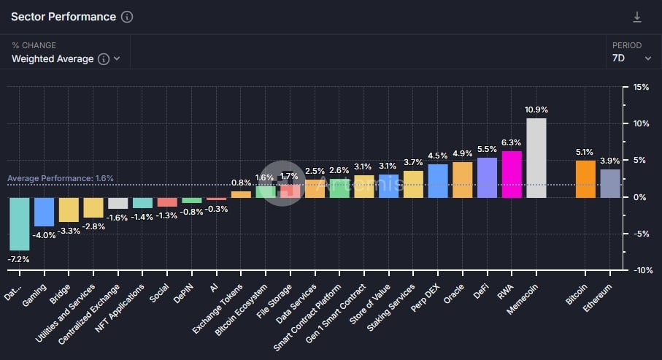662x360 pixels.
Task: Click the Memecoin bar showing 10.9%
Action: tap(536, 158)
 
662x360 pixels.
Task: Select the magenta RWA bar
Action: tap(512, 174)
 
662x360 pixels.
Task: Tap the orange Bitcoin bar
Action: tap(585, 179)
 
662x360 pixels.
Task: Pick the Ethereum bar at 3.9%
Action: tap(610, 183)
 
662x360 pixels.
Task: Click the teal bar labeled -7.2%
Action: tap(19, 223)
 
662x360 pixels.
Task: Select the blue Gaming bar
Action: tap(45, 212)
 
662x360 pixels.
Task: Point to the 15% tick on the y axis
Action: tap(640, 88)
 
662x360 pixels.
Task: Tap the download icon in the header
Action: tap(637, 17)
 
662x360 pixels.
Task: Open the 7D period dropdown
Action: tap(632, 58)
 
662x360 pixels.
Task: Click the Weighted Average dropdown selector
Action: tap(66, 59)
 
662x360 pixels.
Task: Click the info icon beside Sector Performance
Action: tap(127, 17)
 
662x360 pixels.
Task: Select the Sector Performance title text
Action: tap(63, 17)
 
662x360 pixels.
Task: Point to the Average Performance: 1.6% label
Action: tap(61, 178)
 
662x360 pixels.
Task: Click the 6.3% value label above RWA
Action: tap(512, 143)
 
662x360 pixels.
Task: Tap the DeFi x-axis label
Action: tap(480, 291)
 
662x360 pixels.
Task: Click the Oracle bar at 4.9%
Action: tap(463, 180)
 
